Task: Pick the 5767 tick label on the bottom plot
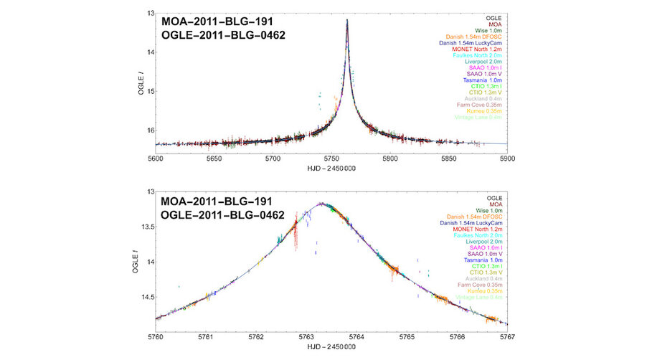[507, 336]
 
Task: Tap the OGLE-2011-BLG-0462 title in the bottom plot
[223, 214]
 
